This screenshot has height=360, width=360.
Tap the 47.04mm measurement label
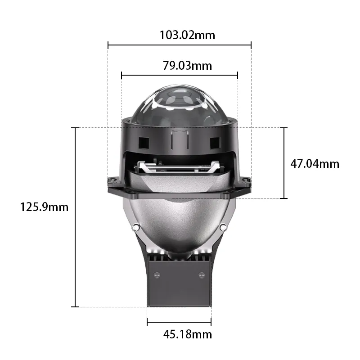coord(315,163)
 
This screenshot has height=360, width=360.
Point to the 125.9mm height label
coord(44,207)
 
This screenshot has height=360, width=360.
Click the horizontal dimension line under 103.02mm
coord(180,45)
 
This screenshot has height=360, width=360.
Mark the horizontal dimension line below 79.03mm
coord(180,75)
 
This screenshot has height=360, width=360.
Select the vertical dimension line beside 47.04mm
coord(283,163)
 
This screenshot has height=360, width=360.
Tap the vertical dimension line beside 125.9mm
coord(75,217)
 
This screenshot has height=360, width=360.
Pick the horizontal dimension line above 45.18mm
coord(179,321)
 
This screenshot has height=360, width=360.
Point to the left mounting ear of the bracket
coord(113,184)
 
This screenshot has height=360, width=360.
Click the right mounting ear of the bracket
coord(246,184)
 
